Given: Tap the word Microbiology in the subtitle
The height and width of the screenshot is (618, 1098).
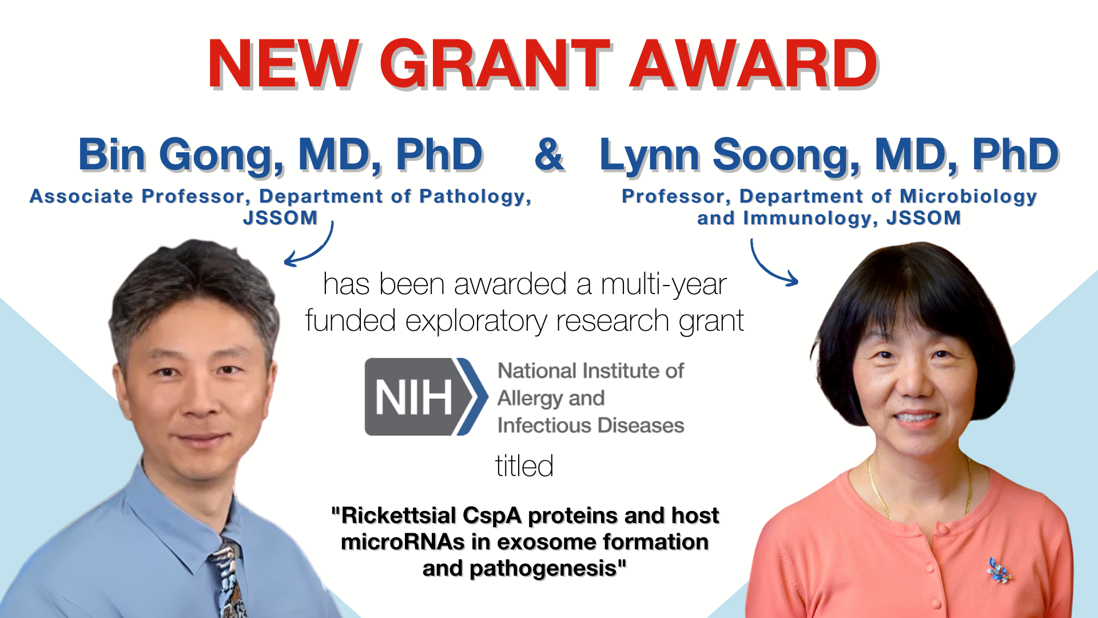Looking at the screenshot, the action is [x=969, y=196].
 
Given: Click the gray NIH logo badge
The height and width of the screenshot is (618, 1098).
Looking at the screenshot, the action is [x=426, y=397].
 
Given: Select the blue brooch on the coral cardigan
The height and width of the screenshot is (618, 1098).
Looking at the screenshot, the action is [x=998, y=571].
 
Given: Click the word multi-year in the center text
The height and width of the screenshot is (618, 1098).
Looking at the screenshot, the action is [x=664, y=284].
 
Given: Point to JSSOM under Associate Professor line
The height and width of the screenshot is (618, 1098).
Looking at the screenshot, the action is [x=280, y=218].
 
